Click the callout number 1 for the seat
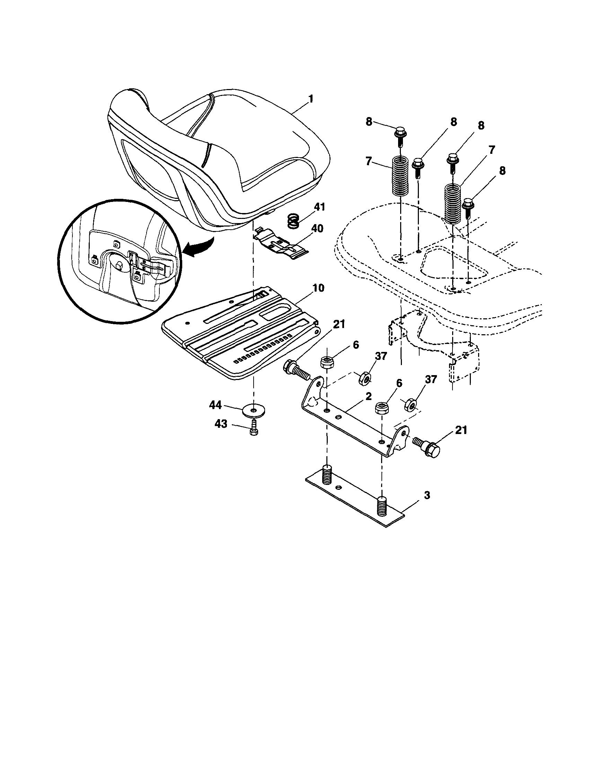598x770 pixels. click(x=310, y=99)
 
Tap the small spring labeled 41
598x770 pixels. click(x=293, y=221)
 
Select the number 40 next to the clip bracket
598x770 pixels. click(x=317, y=229)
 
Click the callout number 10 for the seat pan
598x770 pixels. click(x=318, y=288)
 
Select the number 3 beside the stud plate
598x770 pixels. click(x=427, y=495)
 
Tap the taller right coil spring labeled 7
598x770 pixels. click(x=452, y=204)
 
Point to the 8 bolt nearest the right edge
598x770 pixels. click(x=468, y=208)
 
